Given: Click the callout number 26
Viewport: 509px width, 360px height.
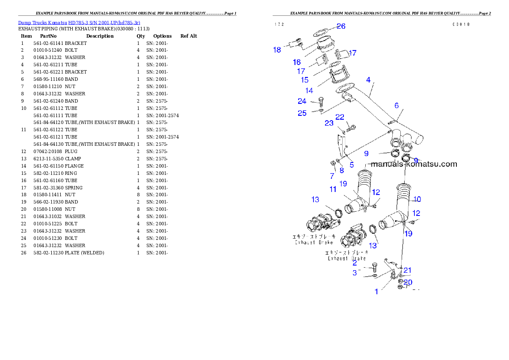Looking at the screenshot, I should pos(340,26).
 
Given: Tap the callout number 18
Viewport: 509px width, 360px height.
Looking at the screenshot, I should pos(277,50).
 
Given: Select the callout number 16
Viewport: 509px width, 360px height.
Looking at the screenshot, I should pos(296,62).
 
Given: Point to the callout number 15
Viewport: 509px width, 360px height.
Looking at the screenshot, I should pos(305,80).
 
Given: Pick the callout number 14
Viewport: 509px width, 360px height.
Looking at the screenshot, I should pos(309,91).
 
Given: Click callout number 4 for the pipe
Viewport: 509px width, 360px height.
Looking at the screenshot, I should pos(368,80).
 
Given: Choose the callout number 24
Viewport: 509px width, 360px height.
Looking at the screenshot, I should pos(302,101).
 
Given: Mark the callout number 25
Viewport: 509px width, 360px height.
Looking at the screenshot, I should pos(302,113).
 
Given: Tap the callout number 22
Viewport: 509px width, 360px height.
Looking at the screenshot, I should pos(340,117).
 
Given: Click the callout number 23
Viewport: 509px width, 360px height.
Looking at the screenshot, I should pos(329,123).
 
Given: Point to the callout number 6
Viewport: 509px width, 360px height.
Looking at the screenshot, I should pos(397,106).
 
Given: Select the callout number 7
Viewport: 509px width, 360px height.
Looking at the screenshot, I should pos(332,176).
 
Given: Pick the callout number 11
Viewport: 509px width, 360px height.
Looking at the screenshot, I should pos(333,189).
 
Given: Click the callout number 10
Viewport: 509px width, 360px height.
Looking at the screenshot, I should pos(417,199).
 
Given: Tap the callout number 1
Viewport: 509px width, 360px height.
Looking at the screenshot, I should pos(376,292).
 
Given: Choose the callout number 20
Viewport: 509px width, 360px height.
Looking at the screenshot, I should pos(408,283).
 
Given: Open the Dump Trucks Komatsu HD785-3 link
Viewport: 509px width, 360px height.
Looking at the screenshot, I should pos(79,23).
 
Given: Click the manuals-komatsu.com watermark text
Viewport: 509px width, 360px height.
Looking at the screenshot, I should pos(414,164).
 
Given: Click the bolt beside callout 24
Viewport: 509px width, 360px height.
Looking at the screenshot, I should pos(322,102).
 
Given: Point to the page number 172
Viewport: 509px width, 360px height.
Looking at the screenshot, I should pos(279,24).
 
